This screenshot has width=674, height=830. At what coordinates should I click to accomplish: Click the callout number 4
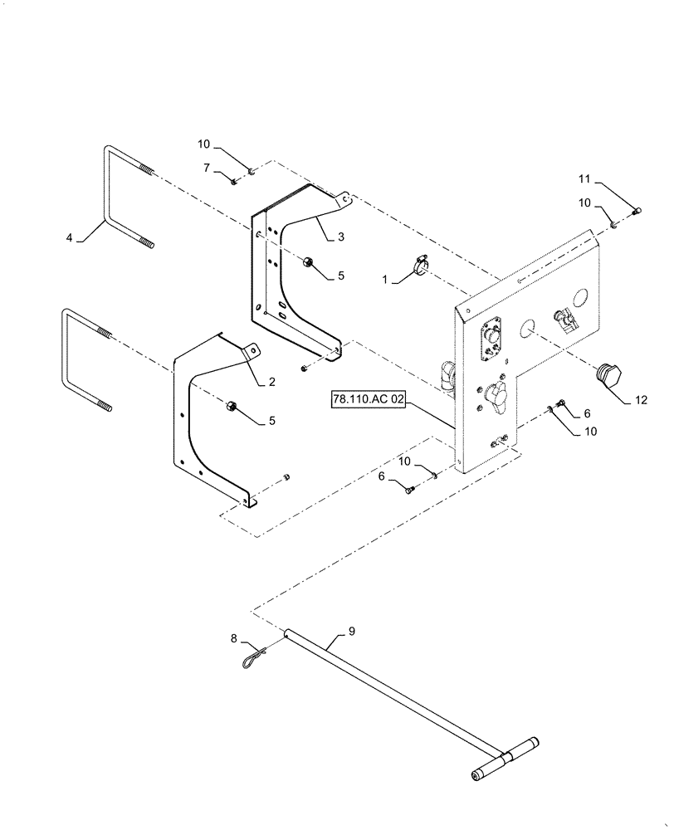69,238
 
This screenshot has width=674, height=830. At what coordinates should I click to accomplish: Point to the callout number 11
584,178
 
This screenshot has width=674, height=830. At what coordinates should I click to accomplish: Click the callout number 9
351,632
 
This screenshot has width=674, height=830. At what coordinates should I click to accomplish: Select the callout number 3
340,237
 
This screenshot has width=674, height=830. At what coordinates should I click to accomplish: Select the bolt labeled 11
636,212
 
